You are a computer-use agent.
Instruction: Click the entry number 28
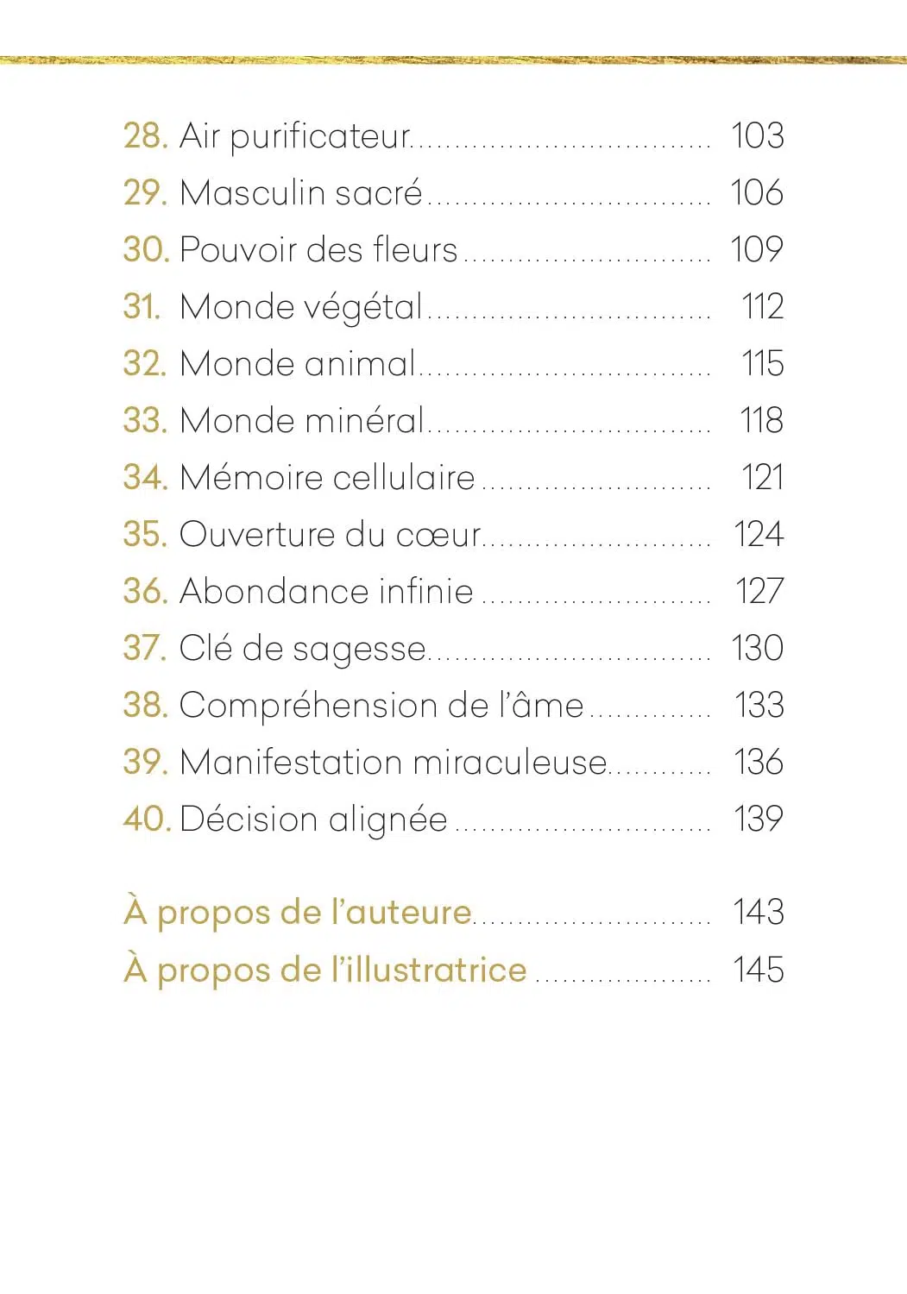point(144,136)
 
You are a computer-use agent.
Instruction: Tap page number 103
point(757,136)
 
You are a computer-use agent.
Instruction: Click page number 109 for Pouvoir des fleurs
point(757,250)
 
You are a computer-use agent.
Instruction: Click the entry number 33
point(144,421)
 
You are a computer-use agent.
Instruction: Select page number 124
point(758,535)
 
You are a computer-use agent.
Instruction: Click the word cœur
point(438,535)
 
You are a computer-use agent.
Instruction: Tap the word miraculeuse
point(509,763)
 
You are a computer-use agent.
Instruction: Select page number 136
point(758,763)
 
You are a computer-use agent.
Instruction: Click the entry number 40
point(148,820)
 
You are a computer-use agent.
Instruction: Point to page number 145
point(758,970)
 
